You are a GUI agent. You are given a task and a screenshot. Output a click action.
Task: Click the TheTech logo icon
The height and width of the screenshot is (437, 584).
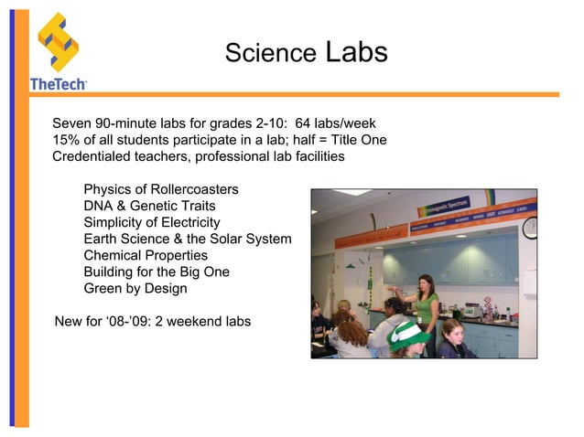(x=57, y=41)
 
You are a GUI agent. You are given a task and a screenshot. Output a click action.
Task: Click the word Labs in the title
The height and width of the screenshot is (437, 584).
(x=356, y=52)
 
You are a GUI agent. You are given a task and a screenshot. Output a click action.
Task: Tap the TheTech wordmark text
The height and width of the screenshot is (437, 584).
(x=59, y=83)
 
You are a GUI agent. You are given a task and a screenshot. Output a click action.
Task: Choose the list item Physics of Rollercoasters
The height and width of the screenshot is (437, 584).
(x=161, y=189)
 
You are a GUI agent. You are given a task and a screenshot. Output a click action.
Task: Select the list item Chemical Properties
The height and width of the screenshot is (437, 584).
(x=146, y=255)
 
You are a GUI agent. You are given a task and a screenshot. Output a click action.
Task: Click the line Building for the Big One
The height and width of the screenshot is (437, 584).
(x=157, y=272)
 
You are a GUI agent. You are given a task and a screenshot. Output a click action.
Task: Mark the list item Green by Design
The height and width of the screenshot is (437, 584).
(x=135, y=288)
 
